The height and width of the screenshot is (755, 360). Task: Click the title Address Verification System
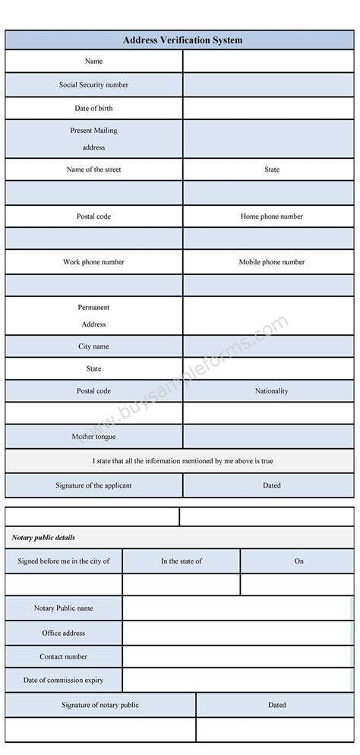[x=182, y=40]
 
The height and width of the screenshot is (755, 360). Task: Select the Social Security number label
[x=93, y=84]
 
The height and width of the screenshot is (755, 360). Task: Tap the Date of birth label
[x=93, y=108]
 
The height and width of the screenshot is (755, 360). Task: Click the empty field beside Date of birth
[x=268, y=108]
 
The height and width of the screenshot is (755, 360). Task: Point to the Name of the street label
[x=93, y=169]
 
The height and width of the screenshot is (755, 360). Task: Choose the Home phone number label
[x=272, y=216]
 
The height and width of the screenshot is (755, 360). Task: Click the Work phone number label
[x=93, y=262]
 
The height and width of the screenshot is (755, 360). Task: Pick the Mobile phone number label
[x=272, y=262]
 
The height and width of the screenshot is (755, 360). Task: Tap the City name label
[x=93, y=346]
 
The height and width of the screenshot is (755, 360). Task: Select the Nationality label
[x=272, y=391]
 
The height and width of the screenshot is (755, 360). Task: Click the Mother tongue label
[x=93, y=437]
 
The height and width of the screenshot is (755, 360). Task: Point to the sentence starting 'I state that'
[x=182, y=461]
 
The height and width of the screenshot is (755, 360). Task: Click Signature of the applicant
[x=93, y=485]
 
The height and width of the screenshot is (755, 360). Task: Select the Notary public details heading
[x=43, y=538]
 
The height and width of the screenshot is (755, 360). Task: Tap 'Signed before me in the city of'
[x=63, y=561]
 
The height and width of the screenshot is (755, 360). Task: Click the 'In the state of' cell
[x=182, y=561]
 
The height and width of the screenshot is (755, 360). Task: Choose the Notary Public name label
[x=64, y=608]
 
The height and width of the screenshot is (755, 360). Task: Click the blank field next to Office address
[x=238, y=633]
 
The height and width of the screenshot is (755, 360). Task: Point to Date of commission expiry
[x=64, y=680]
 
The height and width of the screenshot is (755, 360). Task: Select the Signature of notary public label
[x=100, y=705]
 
